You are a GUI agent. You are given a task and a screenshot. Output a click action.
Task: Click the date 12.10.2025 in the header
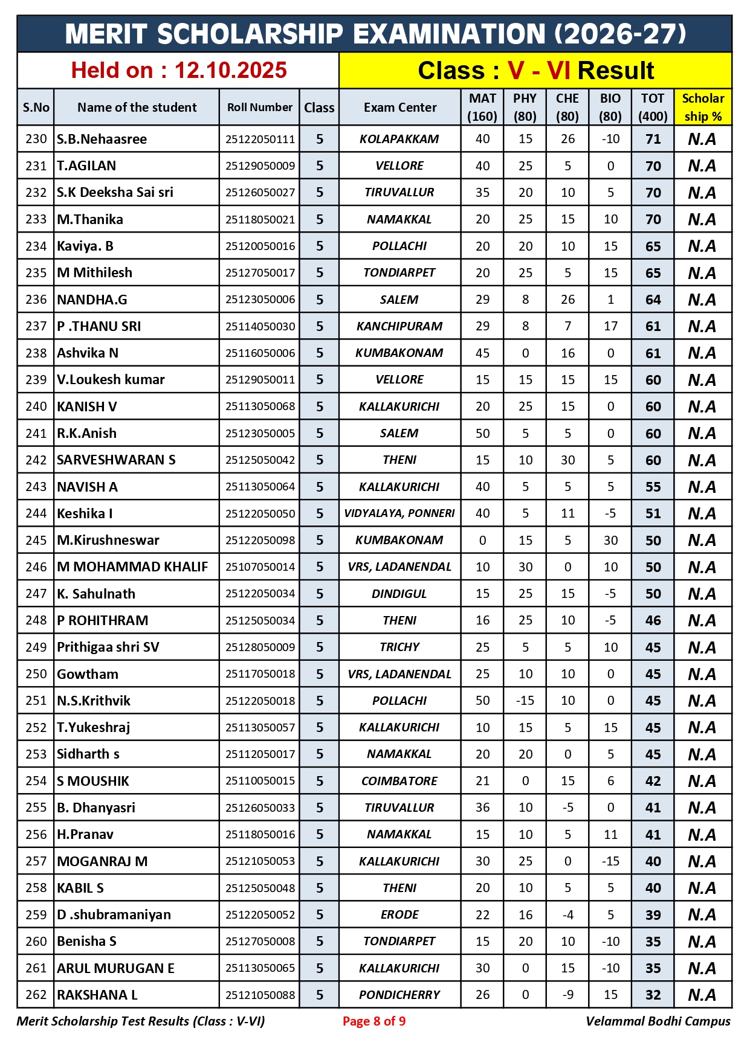coord(230,71)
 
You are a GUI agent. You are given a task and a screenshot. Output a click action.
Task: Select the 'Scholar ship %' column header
coord(702,108)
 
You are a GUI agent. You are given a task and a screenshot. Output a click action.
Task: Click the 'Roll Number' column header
coord(260,108)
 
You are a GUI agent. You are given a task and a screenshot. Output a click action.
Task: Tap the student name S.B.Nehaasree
coord(102,139)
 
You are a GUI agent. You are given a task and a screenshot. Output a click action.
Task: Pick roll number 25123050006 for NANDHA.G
coord(260,300)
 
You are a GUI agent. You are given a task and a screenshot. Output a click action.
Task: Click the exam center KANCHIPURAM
coord(399,326)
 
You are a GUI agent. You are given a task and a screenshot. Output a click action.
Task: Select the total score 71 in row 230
coord(653,139)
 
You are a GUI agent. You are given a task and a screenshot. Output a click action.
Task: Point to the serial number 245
coord(36,540)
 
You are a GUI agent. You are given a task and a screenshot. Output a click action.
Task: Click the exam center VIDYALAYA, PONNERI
coord(399,513)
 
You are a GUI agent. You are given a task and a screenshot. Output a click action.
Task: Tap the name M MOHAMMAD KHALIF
coord(132,567)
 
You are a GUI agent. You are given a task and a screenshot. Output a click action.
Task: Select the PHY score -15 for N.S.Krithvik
coord(525,701)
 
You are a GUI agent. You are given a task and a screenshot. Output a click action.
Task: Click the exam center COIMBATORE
coord(399,781)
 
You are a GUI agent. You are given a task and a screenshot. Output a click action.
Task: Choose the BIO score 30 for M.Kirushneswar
coord(610,540)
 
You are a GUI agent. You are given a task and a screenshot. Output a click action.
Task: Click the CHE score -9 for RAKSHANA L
coord(567,995)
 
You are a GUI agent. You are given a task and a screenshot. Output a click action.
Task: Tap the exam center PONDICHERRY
coord(399,995)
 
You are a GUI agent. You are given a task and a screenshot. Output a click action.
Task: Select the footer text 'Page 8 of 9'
coord(374,1021)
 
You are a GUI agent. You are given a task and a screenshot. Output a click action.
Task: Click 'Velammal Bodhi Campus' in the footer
coord(658,1021)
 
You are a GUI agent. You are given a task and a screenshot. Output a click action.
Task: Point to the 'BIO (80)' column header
coord(610,108)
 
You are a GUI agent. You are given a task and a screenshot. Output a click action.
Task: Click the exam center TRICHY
coord(399,647)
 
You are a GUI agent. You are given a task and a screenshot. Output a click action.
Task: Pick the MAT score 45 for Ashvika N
coord(482,353)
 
